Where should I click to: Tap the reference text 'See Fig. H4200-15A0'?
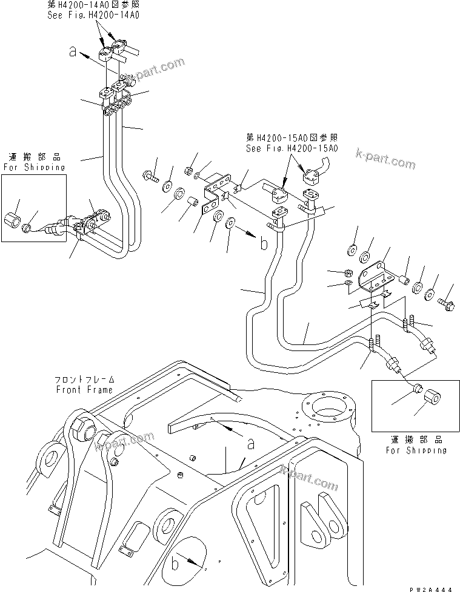pos(292,148)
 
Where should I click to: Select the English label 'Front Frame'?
pos(84,390)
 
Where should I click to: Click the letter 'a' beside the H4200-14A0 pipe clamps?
pos(73,53)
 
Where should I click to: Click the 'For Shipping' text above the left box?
pos(34,167)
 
